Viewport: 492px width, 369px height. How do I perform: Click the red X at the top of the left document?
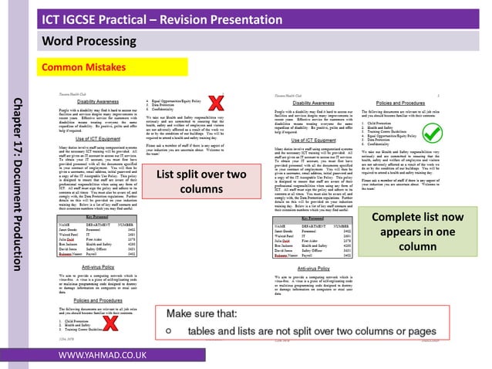218,102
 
